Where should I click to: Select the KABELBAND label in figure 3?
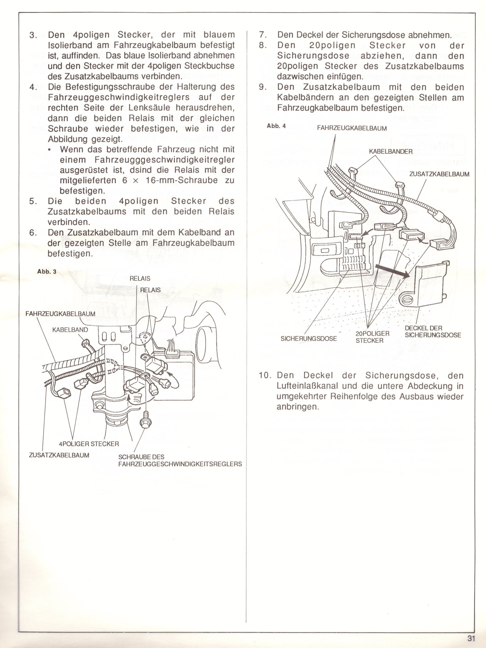coord(70,330)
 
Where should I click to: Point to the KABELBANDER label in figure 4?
coord(390,152)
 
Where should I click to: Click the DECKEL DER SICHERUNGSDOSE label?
coord(433,331)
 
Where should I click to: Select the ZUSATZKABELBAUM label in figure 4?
coord(439,174)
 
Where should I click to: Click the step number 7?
coord(262,35)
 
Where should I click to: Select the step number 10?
coord(266,375)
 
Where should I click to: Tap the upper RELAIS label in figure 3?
coord(140,279)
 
